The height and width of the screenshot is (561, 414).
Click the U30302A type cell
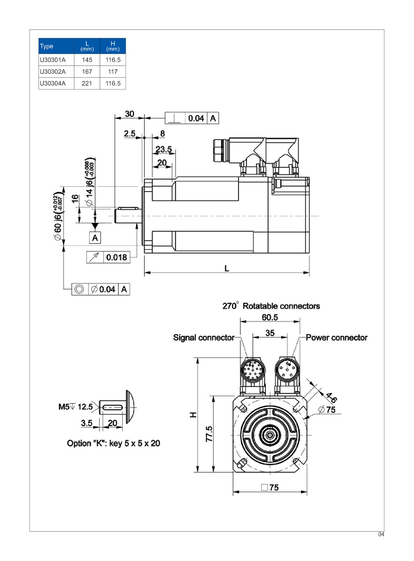(53, 72)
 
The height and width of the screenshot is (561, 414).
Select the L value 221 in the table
(87, 83)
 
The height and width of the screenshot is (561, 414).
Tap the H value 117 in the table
(113, 72)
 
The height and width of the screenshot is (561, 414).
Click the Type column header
(47, 46)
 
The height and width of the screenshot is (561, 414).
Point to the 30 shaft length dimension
(130, 114)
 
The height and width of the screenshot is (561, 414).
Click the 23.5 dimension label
(164, 149)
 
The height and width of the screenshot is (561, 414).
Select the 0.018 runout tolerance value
(117, 257)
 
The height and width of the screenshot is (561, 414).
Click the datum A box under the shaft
(95, 238)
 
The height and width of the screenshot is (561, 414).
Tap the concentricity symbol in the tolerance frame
(79, 289)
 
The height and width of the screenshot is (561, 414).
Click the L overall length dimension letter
(227, 269)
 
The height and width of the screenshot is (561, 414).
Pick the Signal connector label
(204, 338)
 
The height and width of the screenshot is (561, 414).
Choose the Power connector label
(336, 338)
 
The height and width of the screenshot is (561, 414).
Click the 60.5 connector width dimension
(270, 318)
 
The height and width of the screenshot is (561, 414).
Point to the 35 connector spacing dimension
(270, 333)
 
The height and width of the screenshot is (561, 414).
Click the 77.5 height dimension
(209, 434)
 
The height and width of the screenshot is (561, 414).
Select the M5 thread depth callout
(75, 407)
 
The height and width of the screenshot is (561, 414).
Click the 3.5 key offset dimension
(87, 423)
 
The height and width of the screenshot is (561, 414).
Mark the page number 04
(381, 534)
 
